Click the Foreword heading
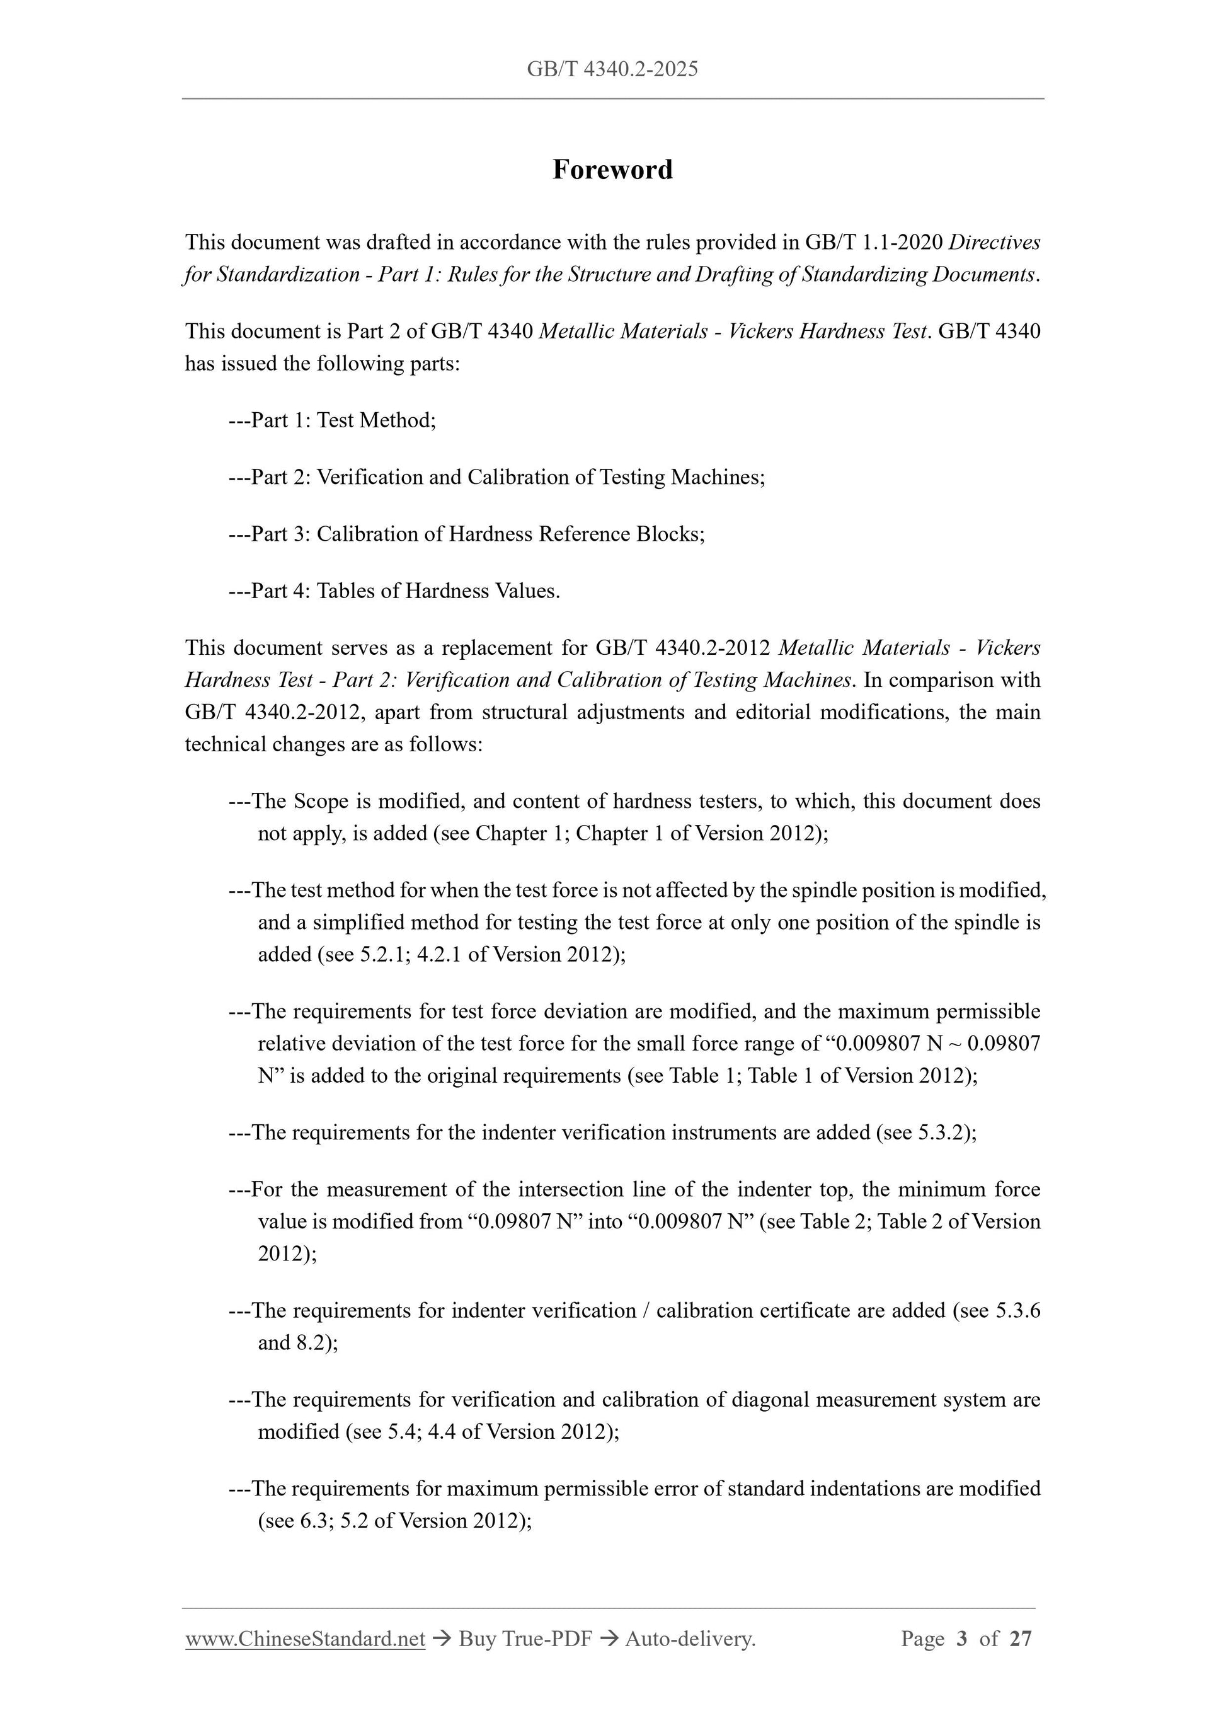(612, 170)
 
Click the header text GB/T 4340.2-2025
(612, 69)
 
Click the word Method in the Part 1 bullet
(398, 420)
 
